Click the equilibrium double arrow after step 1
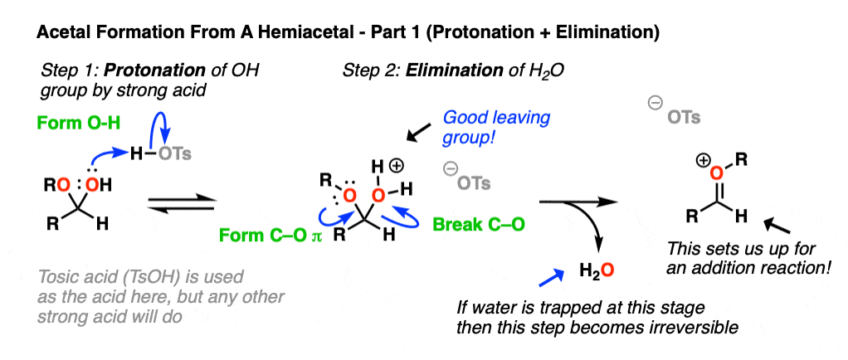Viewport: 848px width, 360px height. coord(182,205)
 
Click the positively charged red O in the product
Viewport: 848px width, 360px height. coord(716,173)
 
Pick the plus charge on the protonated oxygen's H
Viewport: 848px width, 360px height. coord(396,167)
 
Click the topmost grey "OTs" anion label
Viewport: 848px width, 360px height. coord(685,118)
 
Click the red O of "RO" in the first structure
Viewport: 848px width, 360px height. coord(63,186)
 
